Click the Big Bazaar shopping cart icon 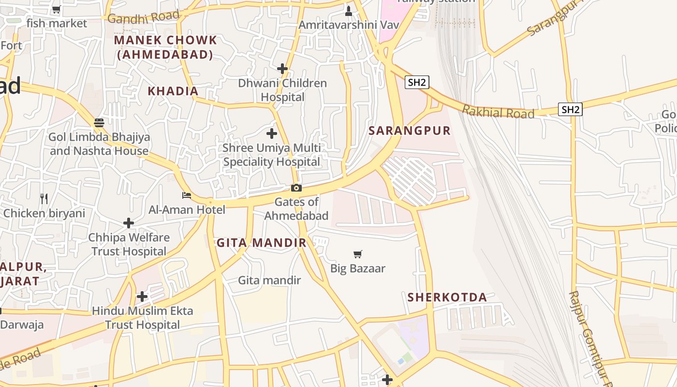(358, 254)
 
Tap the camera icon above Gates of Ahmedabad (296, 188)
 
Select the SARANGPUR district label (410, 131)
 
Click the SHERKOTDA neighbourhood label (447, 297)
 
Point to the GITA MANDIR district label (261, 243)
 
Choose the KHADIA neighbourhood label (173, 91)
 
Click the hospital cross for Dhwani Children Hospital (282, 69)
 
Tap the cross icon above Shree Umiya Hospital (272, 133)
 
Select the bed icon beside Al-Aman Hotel (186, 195)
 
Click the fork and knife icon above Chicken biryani (44, 198)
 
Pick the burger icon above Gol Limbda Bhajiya (99, 123)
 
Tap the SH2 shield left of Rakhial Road (417, 82)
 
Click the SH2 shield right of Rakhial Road (570, 109)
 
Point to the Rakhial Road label (498, 112)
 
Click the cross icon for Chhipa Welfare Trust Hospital (128, 223)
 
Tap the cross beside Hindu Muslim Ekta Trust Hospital (142, 296)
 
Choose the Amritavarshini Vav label (349, 25)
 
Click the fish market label (57, 23)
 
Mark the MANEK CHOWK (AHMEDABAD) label (165, 47)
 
